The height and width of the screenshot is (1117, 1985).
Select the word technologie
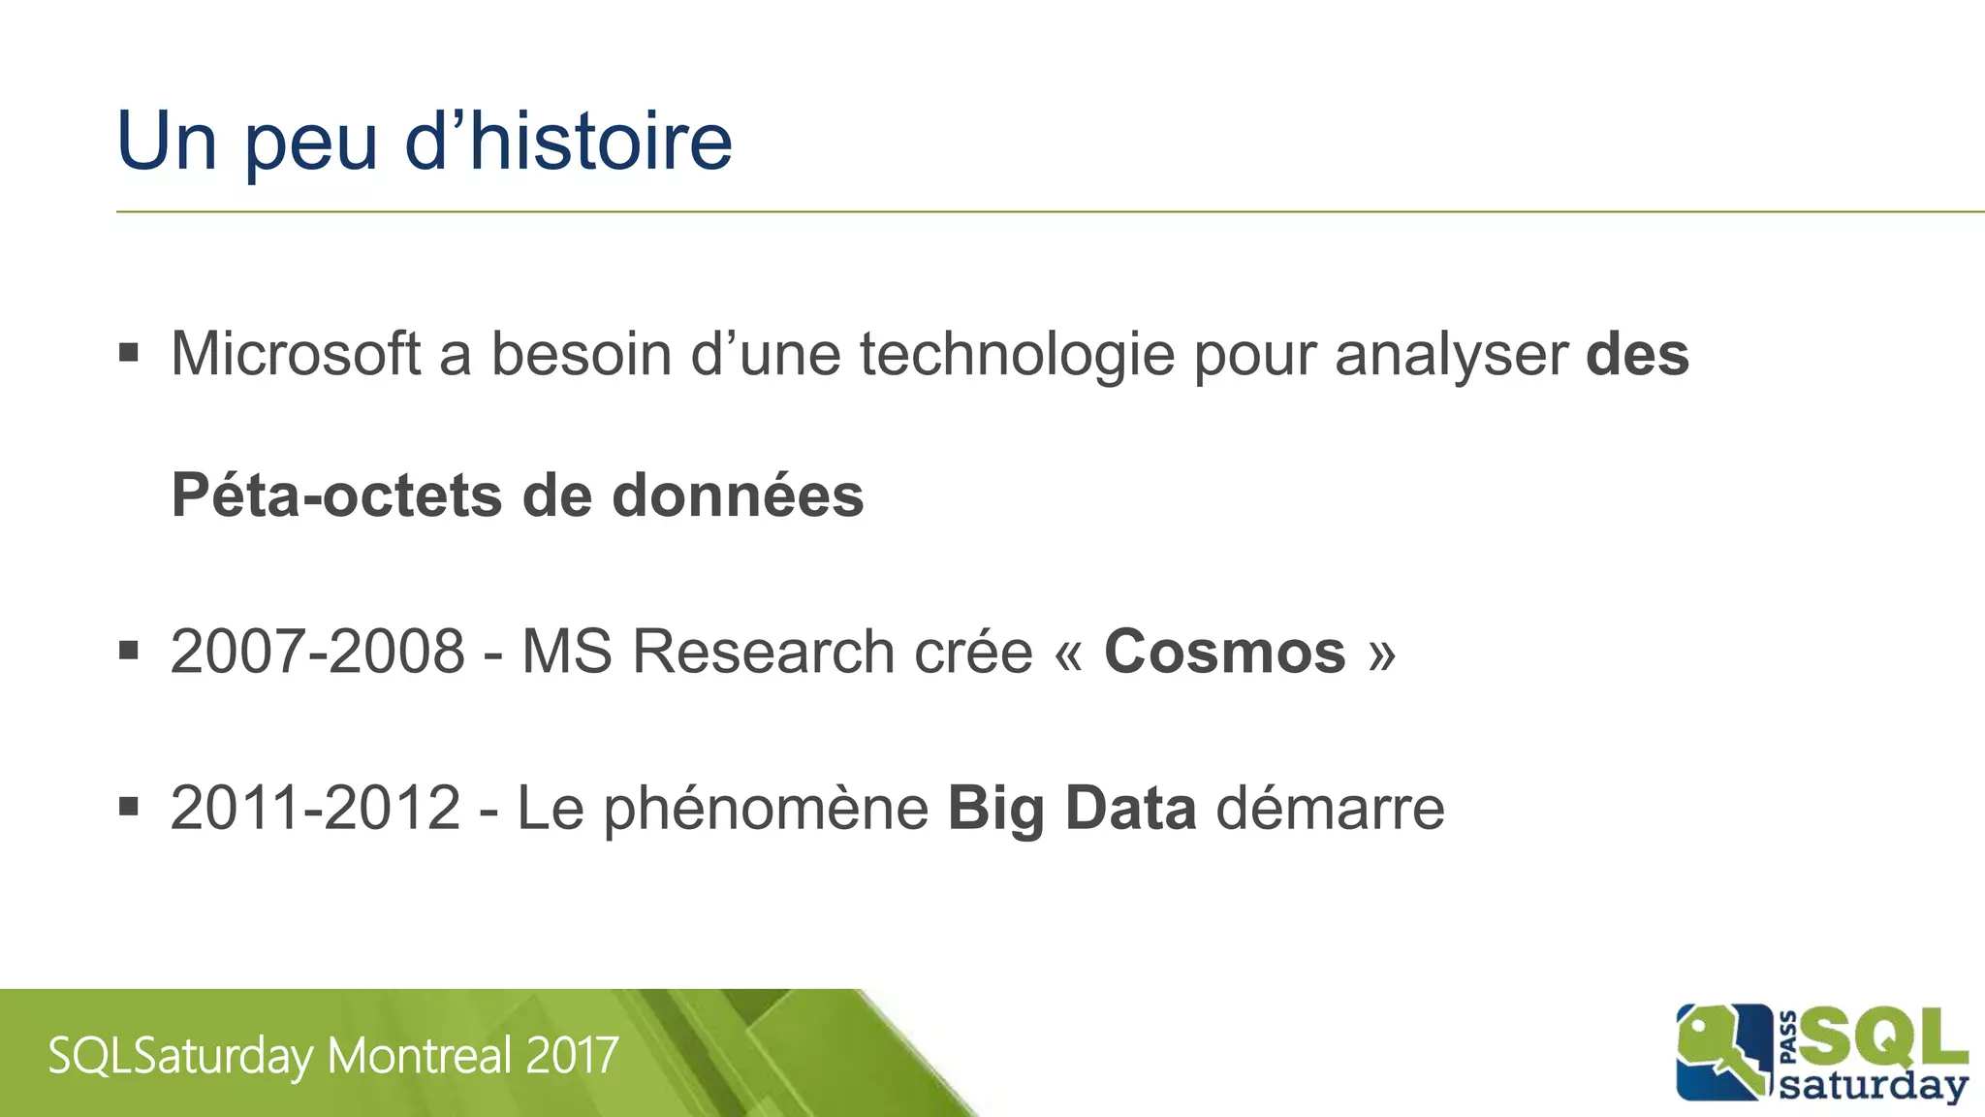[x=1017, y=355]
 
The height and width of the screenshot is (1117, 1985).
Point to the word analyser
[x=1451, y=355]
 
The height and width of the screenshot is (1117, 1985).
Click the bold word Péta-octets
[x=336, y=495]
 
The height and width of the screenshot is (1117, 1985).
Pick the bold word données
[x=738, y=495]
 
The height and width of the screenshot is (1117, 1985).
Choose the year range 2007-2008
[x=317, y=651]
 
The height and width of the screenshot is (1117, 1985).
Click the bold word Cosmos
[x=1224, y=651]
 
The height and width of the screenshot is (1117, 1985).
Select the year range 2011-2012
[x=315, y=808]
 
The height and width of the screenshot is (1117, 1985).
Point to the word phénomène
[x=766, y=810]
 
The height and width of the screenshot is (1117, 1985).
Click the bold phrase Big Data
[x=1072, y=810]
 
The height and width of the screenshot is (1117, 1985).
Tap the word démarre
[x=1330, y=808]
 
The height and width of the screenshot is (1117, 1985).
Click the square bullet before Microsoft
[x=129, y=351]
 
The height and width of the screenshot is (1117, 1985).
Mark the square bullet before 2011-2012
[x=129, y=806]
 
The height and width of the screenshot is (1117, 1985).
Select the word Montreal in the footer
[x=420, y=1056]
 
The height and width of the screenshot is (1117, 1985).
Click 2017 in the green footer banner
[x=572, y=1056]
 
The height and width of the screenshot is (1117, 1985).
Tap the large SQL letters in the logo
[x=1883, y=1038]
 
